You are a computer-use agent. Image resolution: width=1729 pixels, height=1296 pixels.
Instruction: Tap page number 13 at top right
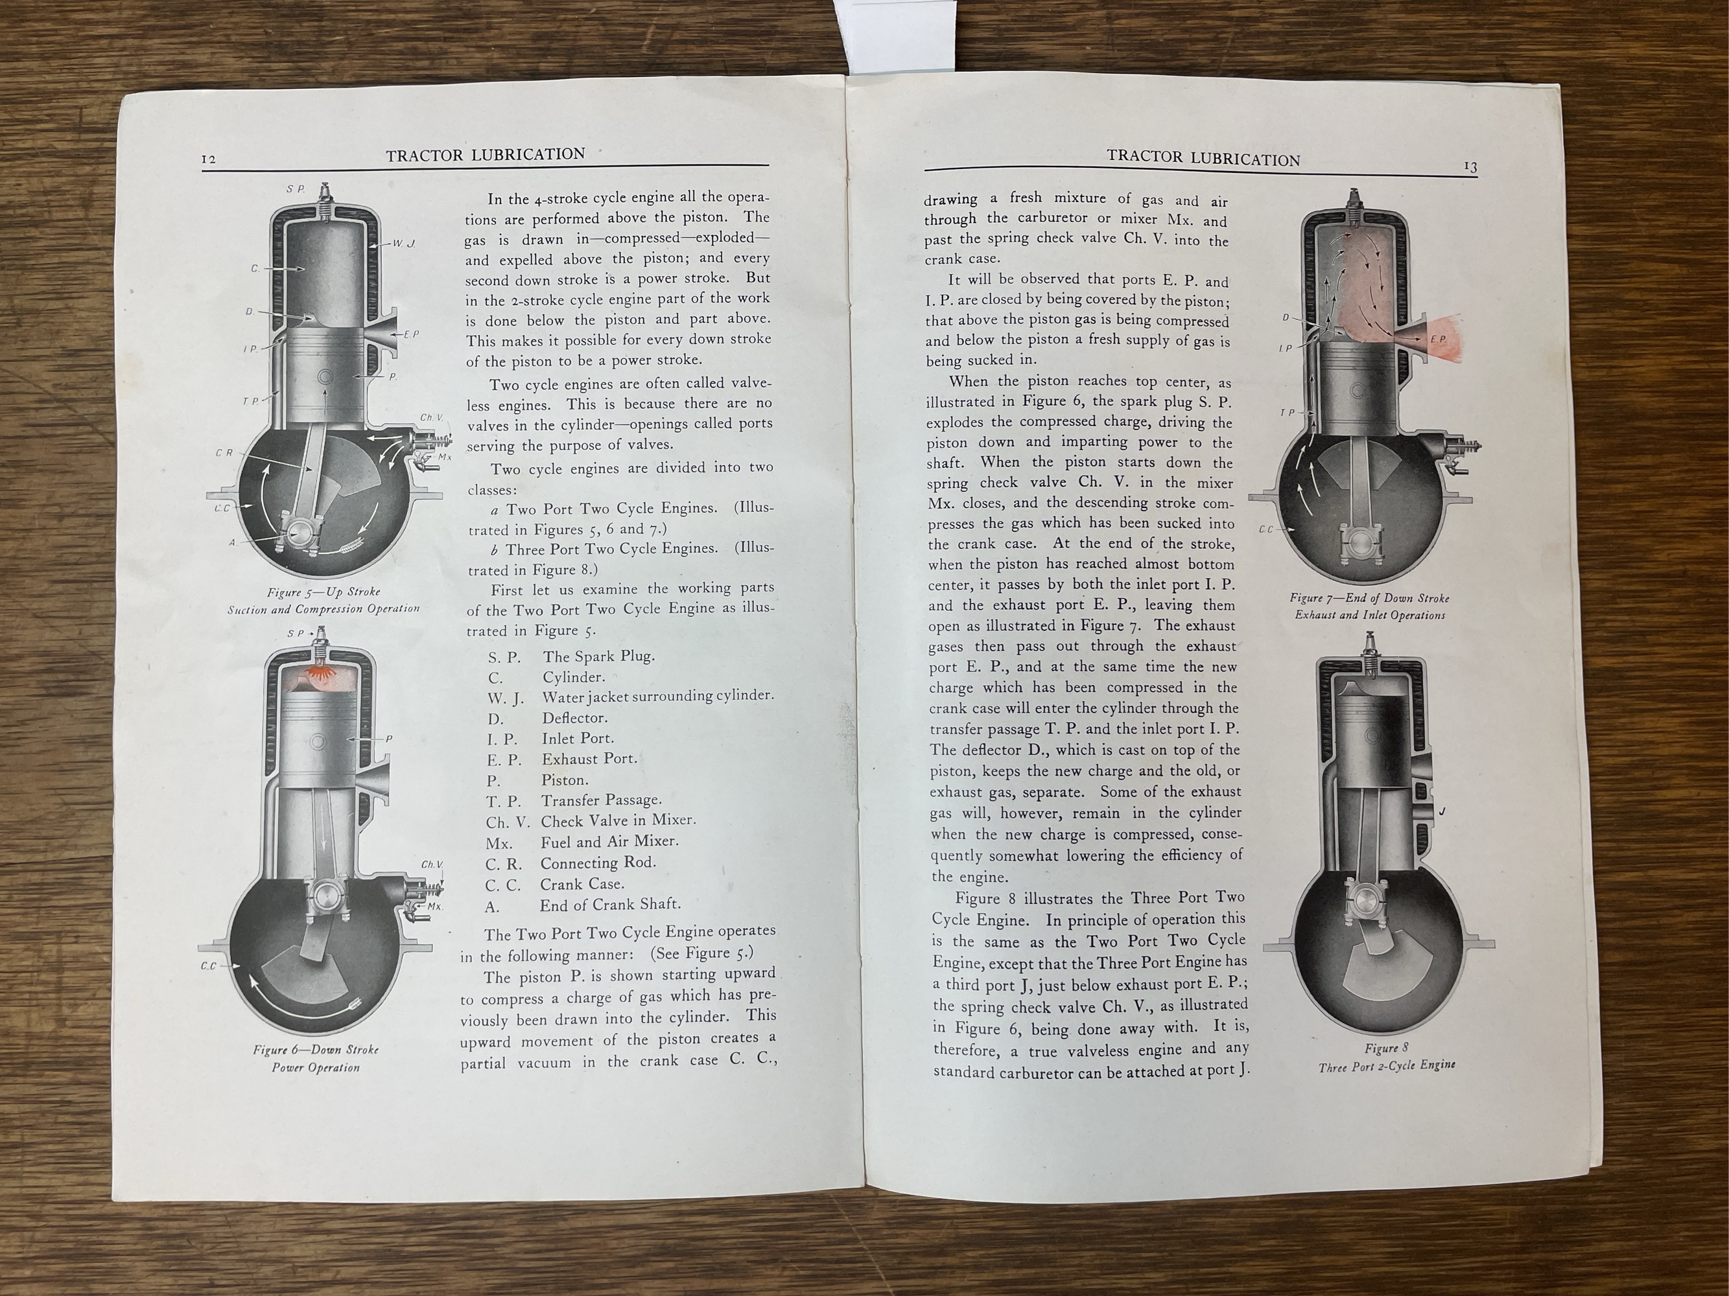1470,167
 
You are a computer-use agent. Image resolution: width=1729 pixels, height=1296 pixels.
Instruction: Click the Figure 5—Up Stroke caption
323,592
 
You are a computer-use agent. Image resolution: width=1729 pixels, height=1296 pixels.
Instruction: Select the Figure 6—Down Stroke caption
315,1049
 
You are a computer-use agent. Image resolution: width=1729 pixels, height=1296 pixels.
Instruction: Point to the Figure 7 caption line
1369,598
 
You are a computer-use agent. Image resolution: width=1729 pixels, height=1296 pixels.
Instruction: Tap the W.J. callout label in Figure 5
403,244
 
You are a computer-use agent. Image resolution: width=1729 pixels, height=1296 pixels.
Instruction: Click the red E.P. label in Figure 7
1438,339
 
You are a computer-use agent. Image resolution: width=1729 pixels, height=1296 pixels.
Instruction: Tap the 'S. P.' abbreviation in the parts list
504,657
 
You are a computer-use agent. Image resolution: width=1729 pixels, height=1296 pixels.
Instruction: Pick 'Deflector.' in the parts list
574,718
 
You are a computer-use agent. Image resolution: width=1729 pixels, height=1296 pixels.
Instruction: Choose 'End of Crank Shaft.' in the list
609,905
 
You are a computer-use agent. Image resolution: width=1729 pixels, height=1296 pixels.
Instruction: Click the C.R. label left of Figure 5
224,453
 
